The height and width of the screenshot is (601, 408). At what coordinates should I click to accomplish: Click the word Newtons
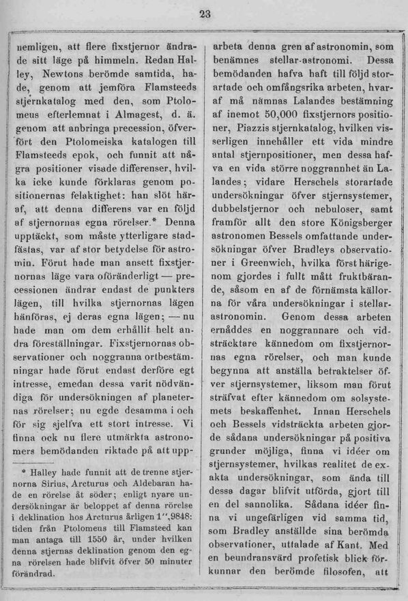click(65, 72)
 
